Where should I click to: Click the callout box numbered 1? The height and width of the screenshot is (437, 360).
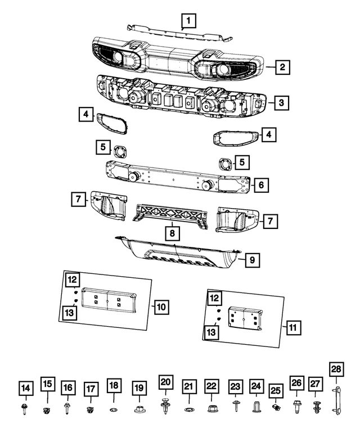coord(189,22)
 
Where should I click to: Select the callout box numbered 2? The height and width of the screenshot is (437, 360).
coord(282,67)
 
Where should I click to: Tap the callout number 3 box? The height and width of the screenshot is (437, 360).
coord(282,103)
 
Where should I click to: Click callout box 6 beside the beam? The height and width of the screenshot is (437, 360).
coord(261,184)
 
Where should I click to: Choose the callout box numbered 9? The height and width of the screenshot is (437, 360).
coord(253,260)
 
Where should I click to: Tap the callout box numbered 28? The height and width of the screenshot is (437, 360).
coord(336,369)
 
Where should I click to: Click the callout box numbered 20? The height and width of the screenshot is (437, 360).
coord(165,383)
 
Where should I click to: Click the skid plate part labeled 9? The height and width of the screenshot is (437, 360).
coord(180,256)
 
